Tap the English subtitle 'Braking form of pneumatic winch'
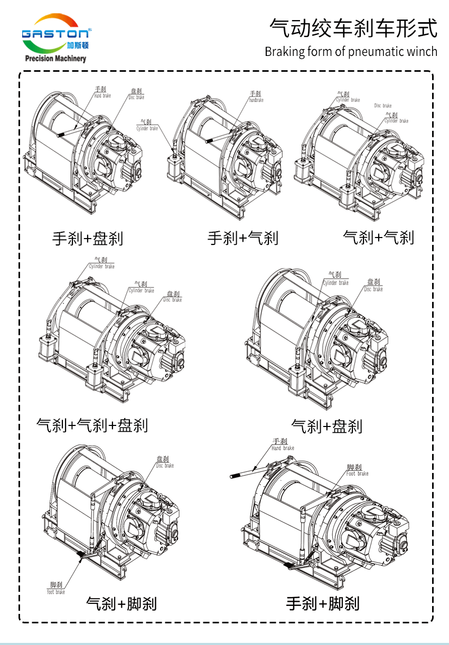tap(351, 52)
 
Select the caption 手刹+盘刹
tap(88, 239)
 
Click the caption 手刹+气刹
tap(242, 238)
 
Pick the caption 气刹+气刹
tap(378, 237)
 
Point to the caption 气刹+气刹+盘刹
tap(92, 424)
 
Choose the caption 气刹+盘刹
tap(326, 426)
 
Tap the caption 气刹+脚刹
tap(121, 603)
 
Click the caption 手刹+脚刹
tap(323, 603)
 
